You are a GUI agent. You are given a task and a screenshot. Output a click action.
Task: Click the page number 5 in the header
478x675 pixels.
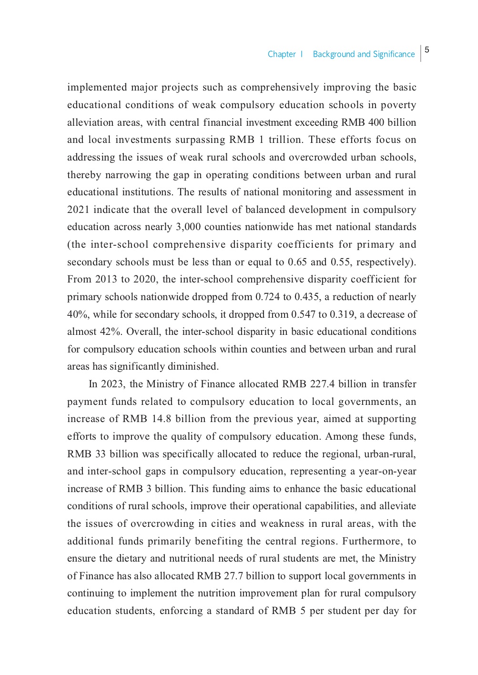(427, 50)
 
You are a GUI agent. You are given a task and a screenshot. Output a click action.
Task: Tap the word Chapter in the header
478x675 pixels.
(282, 54)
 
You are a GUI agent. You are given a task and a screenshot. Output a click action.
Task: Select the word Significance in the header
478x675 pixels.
(394, 54)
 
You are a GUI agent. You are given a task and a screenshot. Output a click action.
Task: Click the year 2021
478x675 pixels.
(78, 210)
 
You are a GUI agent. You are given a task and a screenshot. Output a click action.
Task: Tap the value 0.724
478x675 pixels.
(268, 297)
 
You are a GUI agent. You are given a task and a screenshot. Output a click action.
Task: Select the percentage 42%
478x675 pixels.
(112, 332)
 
